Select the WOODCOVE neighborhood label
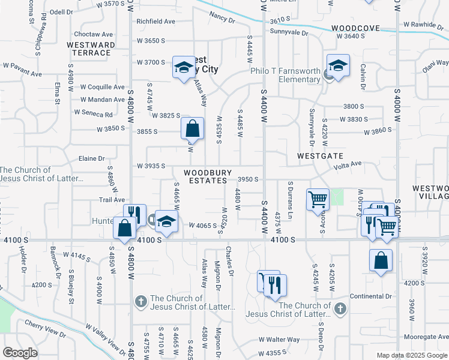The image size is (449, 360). pyautogui.click(x=355, y=28)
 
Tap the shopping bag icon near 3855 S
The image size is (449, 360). pyautogui.click(x=191, y=129)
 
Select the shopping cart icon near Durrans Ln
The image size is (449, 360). pyautogui.click(x=317, y=200)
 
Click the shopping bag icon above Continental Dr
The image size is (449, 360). pyautogui.click(x=381, y=261)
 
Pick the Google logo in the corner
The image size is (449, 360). pyautogui.click(x=20, y=353)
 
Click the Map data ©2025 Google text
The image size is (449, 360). pyautogui.click(x=411, y=355)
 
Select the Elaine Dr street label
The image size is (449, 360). pyautogui.click(x=92, y=158)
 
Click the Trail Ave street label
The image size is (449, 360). pyautogui.click(x=112, y=199)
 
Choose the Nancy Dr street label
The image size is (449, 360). pyautogui.click(x=222, y=18)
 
